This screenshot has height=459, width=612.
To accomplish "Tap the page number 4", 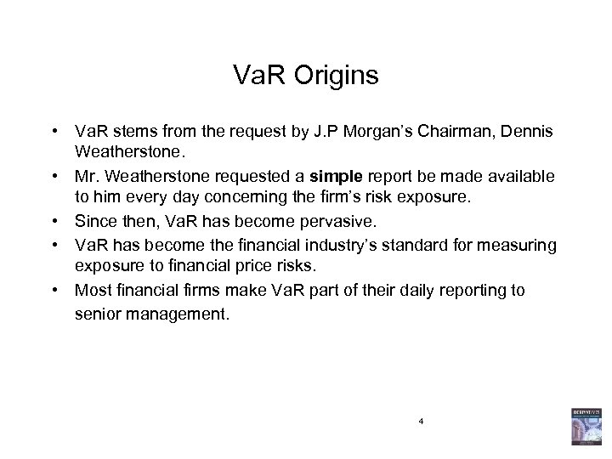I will pos(420,422).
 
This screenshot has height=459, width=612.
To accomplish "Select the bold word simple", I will pos(336,175).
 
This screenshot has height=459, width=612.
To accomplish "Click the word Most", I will pos(93,290).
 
